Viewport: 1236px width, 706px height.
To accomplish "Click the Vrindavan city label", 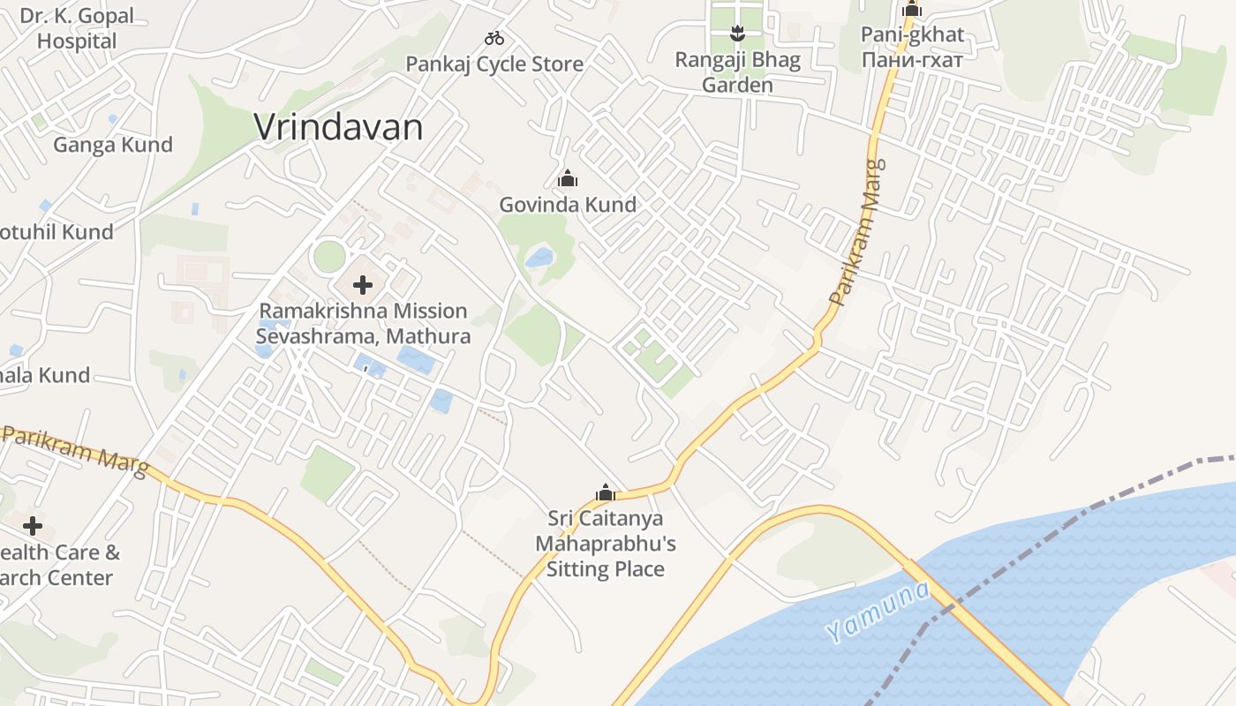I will pyautogui.click(x=338, y=127).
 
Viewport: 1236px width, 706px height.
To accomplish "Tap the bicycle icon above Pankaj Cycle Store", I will pyautogui.click(x=494, y=38).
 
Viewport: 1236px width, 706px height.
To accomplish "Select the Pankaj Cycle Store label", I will pyautogui.click(x=494, y=64).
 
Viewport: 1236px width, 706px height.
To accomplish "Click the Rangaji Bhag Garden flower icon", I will pyautogui.click(x=737, y=34).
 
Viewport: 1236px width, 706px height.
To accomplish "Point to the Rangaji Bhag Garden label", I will pyautogui.click(x=737, y=72).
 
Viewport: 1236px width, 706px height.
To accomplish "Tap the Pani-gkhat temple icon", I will pyautogui.click(x=912, y=11).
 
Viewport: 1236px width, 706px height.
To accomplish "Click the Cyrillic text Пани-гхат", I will pyautogui.click(x=912, y=59).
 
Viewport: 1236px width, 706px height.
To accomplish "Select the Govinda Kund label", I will pyautogui.click(x=568, y=205).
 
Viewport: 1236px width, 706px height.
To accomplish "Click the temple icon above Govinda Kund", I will pyautogui.click(x=568, y=179).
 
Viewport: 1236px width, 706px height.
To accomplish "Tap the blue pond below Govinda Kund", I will pyautogui.click(x=539, y=258).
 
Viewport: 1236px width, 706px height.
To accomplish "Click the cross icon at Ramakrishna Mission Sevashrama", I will pyautogui.click(x=362, y=285).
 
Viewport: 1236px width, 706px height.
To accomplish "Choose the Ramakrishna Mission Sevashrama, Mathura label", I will pyautogui.click(x=363, y=323).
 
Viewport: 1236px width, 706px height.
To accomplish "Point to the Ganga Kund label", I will pyautogui.click(x=113, y=145).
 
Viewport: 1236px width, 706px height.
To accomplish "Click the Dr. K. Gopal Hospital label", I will pyautogui.click(x=77, y=28).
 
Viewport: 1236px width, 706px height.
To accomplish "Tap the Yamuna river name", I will pyautogui.click(x=878, y=611).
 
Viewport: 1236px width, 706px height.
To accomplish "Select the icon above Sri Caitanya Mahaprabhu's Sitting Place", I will pyautogui.click(x=606, y=492).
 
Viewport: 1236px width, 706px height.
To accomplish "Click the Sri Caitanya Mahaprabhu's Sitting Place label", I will pyautogui.click(x=606, y=544).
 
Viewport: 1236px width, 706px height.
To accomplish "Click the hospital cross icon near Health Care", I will pyautogui.click(x=33, y=526).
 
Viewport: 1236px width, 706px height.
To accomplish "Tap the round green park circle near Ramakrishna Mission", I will pyautogui.click(x=329, y=257).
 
